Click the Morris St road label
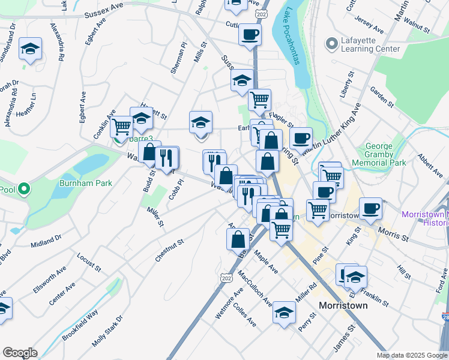(x=393, y=231)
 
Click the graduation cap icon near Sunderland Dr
(x=29, y=50)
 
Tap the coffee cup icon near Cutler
(x=250, y=34)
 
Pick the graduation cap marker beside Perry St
(x=284, y=312)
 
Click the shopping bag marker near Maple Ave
(x=238, y=239)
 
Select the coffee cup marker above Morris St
(x=370, y=209)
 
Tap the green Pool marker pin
(x=24, y=190)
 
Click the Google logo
(x=20, y=353)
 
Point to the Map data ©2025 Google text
(x=411, y=355)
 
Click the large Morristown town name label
(x=343, y=305)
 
